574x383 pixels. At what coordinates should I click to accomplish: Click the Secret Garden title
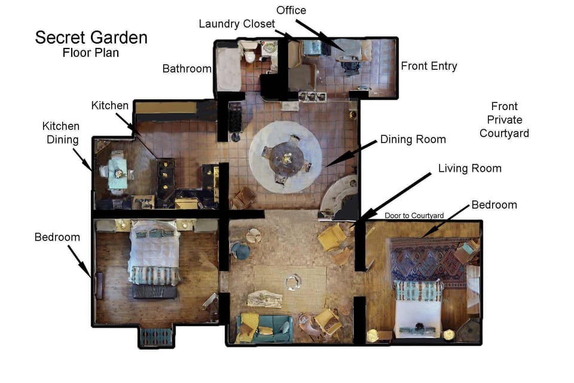tap(91, 37)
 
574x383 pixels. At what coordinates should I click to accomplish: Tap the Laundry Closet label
tap(237, 24)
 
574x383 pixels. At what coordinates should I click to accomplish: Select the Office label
tap(291, 10)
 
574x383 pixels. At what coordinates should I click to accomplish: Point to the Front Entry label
tap(429, 66)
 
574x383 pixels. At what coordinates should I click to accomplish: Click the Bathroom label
tap(187, 69)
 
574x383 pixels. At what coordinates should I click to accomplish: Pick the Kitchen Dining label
tap(60, 133)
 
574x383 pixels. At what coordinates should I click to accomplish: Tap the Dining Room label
tap(413, 139)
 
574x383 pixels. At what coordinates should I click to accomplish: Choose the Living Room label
tap(469, 168)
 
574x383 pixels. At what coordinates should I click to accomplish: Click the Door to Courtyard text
tap(414, 215)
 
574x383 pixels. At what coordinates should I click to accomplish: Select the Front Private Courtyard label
tap(504, 120)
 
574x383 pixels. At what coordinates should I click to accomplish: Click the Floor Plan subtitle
tap(91, 53)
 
